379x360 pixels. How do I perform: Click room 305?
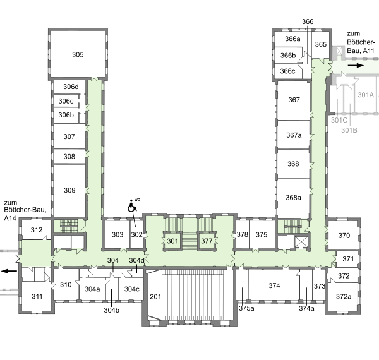tap(78, 54)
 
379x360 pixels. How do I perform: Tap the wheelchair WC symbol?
tap(132, 206)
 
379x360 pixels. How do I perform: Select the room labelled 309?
tap(69, 190)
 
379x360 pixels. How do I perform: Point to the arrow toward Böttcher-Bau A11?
tap(356, 65)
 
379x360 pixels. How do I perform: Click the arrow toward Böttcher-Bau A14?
tap(9, 271)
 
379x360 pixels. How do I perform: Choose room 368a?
tap(293, 198)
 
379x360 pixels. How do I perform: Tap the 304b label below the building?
tap(111, 310)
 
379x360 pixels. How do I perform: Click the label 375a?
tap(246, 309)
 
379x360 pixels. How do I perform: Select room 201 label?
tap(155, 297)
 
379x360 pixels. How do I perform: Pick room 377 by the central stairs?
tap(207, 241)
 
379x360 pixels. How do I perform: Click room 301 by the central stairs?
tap(172, 241)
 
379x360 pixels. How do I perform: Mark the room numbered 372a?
tap(344, 296)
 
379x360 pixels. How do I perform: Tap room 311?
tap(37, 296)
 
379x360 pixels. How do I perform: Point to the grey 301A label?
tap(366, 95)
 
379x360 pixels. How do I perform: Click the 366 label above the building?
tap(308, 21)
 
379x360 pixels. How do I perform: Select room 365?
tap(321, 44)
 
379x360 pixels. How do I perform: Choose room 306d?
tap(71, 87)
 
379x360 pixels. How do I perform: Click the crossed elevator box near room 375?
tap(301, 242)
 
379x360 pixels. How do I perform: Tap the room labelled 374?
tap(274, 286)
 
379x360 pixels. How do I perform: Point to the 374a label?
tap(306, 309)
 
